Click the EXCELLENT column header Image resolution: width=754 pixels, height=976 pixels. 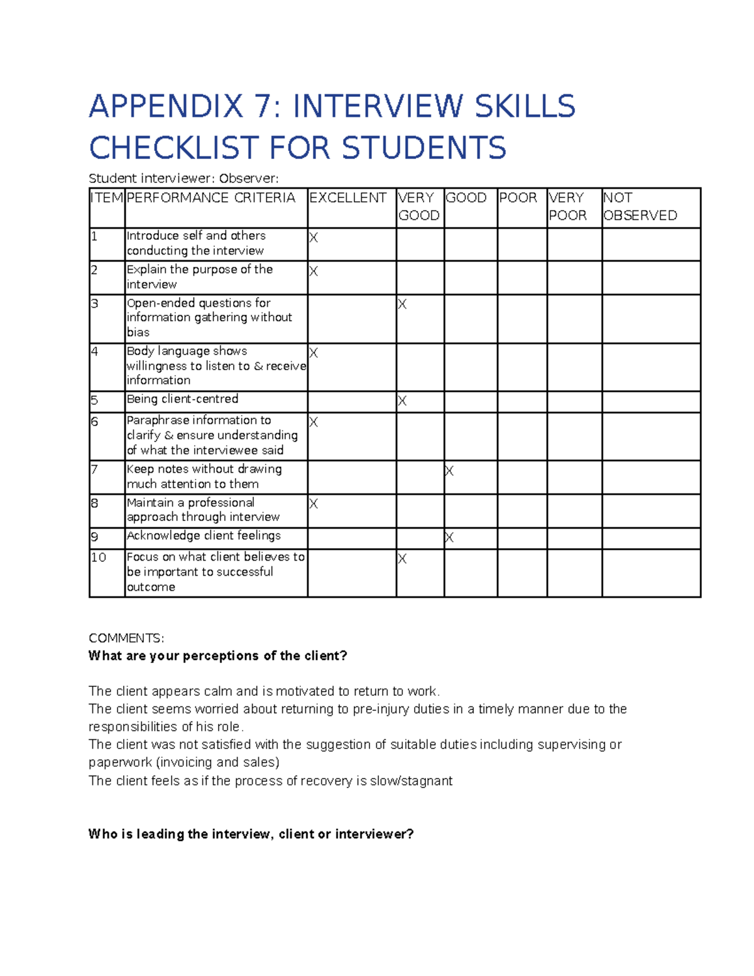[x=347, y=198]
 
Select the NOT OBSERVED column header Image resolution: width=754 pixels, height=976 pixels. [x=640, y=207]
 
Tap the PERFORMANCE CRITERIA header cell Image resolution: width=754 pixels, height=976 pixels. [x=210, y=198]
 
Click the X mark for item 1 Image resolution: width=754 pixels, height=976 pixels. [x=314, y=238]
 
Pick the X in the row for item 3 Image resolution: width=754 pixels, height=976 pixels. [x=402, y=305]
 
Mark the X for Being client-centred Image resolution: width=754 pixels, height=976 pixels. [x=402, y=401]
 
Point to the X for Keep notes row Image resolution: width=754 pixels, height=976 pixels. [x=449, y=471]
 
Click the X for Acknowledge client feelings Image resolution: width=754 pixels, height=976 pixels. [x=449, y=537]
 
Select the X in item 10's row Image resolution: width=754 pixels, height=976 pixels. [x=402, y=559]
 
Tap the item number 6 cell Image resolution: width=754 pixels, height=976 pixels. [x=95, y=422]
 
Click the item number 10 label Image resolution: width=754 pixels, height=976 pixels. [x=99, y=557]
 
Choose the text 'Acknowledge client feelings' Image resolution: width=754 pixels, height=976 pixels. [x=204, y=535]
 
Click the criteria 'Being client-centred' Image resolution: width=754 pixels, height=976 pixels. [x=182, y=399]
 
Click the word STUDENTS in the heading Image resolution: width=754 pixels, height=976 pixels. [x=423, y=148]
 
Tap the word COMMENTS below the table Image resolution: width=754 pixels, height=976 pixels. [x=126, y=639]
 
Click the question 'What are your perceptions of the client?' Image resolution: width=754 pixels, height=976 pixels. [x=217, y=656]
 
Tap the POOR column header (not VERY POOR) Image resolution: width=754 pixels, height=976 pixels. [x=518, y=198]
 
